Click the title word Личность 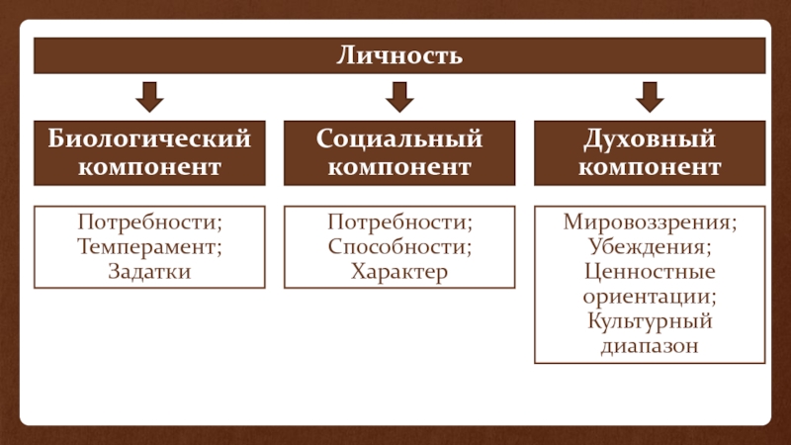[x=399, y=55]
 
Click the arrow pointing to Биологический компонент [x=149, y=97]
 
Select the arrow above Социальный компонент [x=399, y=97]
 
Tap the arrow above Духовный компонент [x=650, y=97]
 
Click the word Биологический [x=149, y=140]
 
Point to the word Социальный [x=399, y=140]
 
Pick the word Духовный [x=650, y=140]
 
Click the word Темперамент [x=149, y=245]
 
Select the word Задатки [x=149, y=270]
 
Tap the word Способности [x=399, y=245]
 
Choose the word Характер [x=399, y=270]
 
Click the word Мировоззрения [x=650, y=221]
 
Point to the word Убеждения [x=650, y=245]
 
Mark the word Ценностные [x=650, y=270]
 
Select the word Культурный [x=650, y=321]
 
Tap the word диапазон [x=650, y=346]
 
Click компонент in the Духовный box [x=650, y=167]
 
